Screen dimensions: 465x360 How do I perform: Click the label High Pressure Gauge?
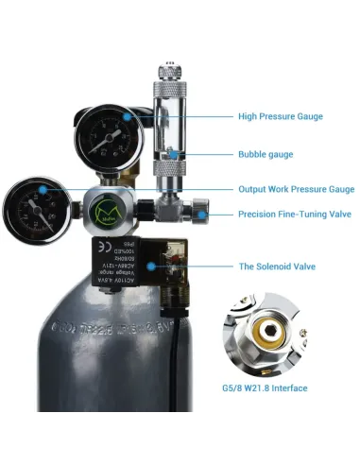coord(281,117)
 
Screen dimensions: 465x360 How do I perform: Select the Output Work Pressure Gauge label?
coord(296,189)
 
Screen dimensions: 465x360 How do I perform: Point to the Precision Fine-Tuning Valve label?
coord(294,215)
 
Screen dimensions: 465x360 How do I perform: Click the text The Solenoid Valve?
coord(277,267)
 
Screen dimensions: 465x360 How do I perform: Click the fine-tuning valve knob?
coord(201,213)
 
